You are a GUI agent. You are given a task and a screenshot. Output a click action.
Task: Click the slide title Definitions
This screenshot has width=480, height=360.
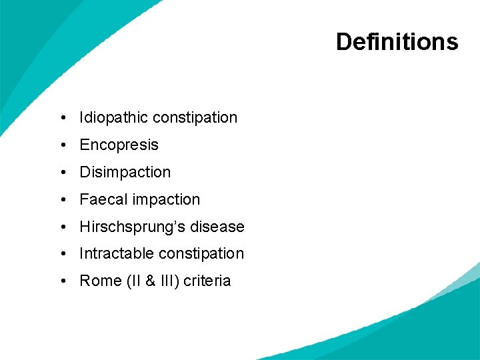point(397,42)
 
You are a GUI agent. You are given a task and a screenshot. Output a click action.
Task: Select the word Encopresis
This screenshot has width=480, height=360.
point(119,145)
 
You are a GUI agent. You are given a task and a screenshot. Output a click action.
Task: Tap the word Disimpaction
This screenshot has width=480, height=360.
point(125,173)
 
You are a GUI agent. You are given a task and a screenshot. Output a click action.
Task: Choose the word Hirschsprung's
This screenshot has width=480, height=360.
point(132,227)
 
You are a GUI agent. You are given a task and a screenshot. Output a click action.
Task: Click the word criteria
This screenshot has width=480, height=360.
point(207,281)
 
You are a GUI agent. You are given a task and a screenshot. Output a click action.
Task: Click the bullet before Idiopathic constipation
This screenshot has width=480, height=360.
point(61,118)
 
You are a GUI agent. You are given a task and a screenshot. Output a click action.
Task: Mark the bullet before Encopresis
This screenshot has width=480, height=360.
point(61,145)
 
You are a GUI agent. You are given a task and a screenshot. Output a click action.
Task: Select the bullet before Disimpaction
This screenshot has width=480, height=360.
point(61,173)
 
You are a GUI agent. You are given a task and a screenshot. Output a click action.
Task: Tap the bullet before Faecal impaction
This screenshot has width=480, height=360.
point(61,200)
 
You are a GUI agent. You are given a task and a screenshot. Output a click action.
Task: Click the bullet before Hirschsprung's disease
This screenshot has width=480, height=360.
point(61,227)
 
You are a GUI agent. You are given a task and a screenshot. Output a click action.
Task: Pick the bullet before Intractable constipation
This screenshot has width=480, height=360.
point(61,254)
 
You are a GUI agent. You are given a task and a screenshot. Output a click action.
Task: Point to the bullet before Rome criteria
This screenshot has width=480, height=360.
point(61,281)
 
